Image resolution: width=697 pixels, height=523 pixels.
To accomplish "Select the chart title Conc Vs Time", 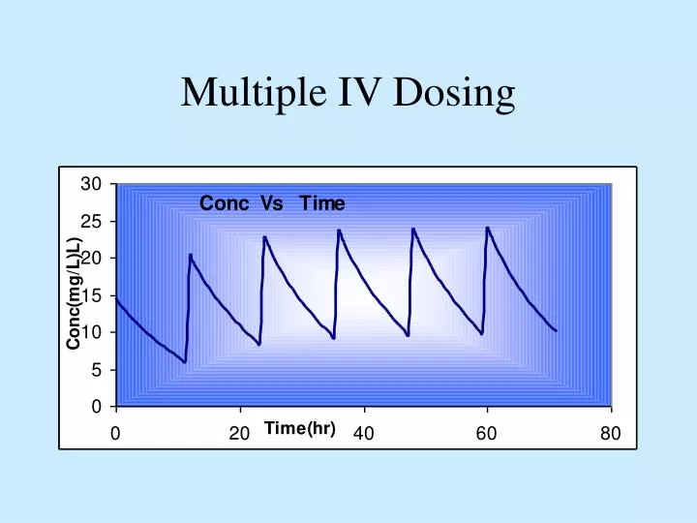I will point(272,203).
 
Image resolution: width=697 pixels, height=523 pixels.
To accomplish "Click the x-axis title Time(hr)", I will point(299,429).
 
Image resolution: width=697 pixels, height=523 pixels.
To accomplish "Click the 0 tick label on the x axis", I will point(115,434).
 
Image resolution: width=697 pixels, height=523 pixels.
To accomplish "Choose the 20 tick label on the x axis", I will point(238,434).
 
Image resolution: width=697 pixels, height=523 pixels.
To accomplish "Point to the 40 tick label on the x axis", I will point(363,434).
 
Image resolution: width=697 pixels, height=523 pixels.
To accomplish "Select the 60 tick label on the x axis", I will point(487,434).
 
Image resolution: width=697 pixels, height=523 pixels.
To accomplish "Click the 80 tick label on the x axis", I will point(610,434).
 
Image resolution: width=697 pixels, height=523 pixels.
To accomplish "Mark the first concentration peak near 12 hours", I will point(191,255).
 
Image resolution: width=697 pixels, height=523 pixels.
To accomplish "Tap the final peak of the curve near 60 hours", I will point(487,229).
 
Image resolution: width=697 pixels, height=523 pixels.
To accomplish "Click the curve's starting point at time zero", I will point(116,298).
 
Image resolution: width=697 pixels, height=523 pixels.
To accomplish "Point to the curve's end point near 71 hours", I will point(557,331).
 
